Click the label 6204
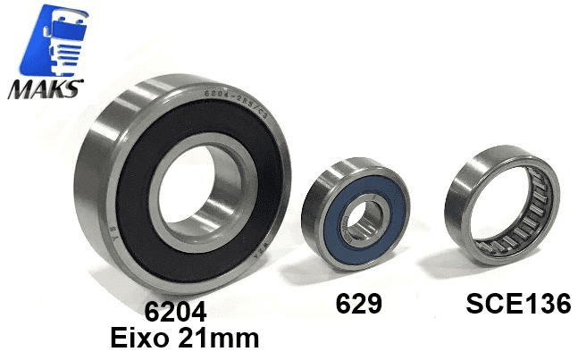(176, 313)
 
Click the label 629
(358, 305)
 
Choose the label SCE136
(518, 304)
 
